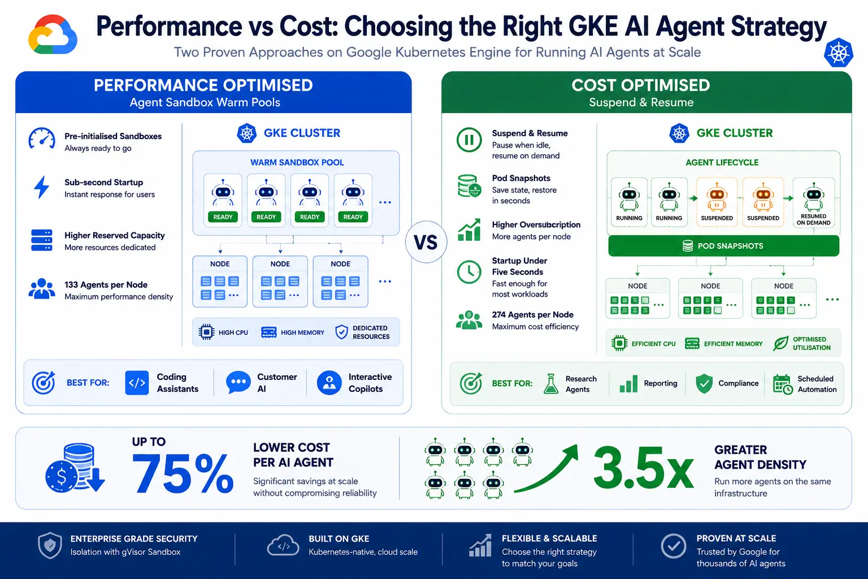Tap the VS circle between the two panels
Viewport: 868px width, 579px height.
(x=426, y=242)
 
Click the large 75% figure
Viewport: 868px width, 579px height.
(x=183, y=473)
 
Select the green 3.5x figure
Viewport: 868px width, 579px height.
(x=643, y=468)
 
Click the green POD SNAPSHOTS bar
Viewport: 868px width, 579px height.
(x=723, y=246)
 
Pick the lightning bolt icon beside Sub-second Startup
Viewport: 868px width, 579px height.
(x=42, y=187)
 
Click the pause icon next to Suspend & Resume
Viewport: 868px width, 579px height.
(x=469, y=140)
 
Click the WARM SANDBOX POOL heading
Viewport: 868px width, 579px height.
(x=297, y=162)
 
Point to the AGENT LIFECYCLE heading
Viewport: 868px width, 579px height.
(x=722, y=162)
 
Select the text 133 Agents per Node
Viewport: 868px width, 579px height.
(x=106, y=284)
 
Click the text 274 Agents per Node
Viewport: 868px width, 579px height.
(x=532, y=314)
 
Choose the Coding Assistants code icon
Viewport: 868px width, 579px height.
(x=137, y=383)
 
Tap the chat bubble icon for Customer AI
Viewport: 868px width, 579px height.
(x=238, y=382)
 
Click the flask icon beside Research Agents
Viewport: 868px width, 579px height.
(x=550, y=384)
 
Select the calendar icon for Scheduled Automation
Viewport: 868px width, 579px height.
(x=782, y=384)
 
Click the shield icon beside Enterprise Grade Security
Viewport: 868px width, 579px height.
(x=50, y=545)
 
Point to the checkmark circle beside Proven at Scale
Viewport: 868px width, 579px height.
(x=674, y=546)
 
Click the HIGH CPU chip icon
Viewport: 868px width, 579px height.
(x=206, y=332)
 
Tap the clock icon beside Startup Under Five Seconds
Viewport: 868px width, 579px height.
(x=469, y=271)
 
